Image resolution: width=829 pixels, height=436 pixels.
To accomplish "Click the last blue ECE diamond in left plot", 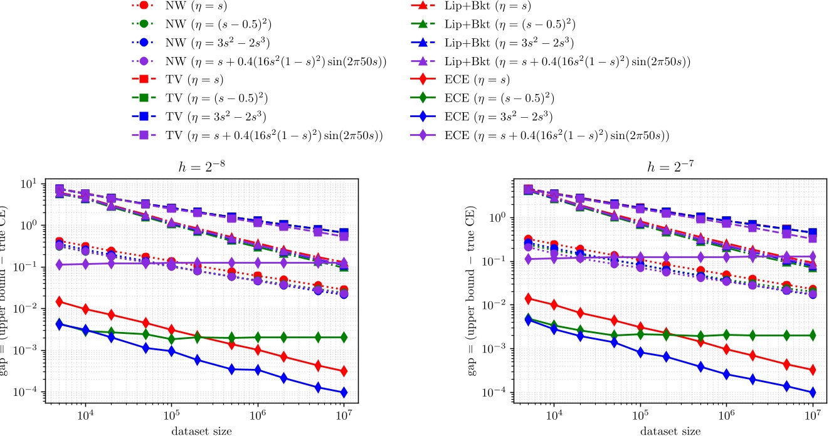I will pos(344,393).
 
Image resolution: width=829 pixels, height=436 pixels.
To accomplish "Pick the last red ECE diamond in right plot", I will pos(813,370).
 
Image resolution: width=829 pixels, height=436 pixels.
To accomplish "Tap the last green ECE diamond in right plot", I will pos(813,335).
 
